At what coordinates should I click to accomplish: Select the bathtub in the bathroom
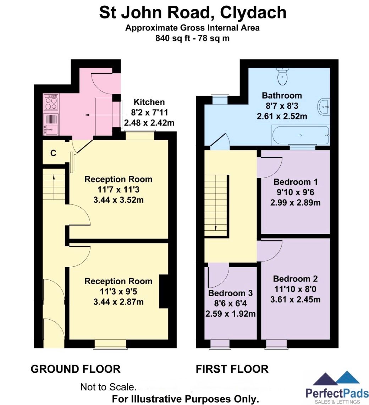point(300,135)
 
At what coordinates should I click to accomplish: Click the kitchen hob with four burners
point(51,102)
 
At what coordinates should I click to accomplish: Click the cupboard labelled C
point(53,153)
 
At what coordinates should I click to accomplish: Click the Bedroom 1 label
point(295,182)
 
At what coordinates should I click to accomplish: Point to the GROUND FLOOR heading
point(76,369)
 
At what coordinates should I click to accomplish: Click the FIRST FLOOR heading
point(232,369)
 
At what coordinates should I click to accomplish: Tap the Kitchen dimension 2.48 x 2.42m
point(149,123)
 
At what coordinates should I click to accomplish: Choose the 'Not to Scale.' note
point(108,387)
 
